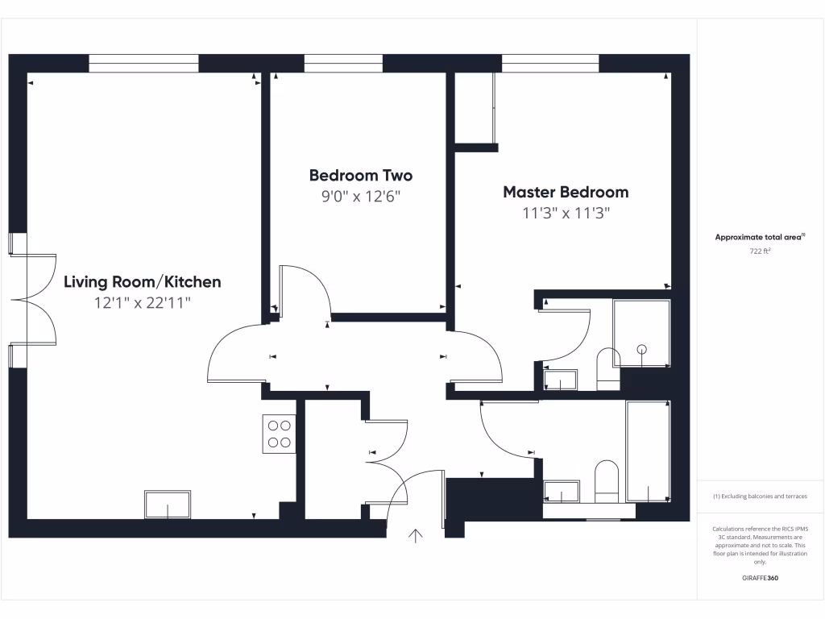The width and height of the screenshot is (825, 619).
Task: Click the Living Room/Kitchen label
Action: [142, 282]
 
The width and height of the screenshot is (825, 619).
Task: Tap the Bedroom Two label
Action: [360, 175]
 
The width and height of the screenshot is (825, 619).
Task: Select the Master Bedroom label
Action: [566, 192]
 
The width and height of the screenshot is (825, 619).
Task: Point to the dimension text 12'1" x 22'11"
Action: [142, 303]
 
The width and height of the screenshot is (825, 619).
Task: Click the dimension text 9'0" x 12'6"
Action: [360, 196]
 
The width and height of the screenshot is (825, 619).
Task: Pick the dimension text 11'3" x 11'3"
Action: [566, 214]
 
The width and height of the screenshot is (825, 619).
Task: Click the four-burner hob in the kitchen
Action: [279, 434]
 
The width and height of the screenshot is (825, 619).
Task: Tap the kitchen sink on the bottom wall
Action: [168, 505]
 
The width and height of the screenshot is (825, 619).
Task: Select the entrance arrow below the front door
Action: [417, 536]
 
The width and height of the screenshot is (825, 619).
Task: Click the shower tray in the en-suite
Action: [641, 334]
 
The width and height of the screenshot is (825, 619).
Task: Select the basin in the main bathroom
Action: [562, 491]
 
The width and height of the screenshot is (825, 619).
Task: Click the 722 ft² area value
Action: [760, 251]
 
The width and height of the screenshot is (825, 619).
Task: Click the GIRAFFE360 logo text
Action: [760, 578]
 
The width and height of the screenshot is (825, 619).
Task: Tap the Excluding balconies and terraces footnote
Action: [760, 496]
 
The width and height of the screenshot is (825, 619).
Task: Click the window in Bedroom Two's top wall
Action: [343, 64]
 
